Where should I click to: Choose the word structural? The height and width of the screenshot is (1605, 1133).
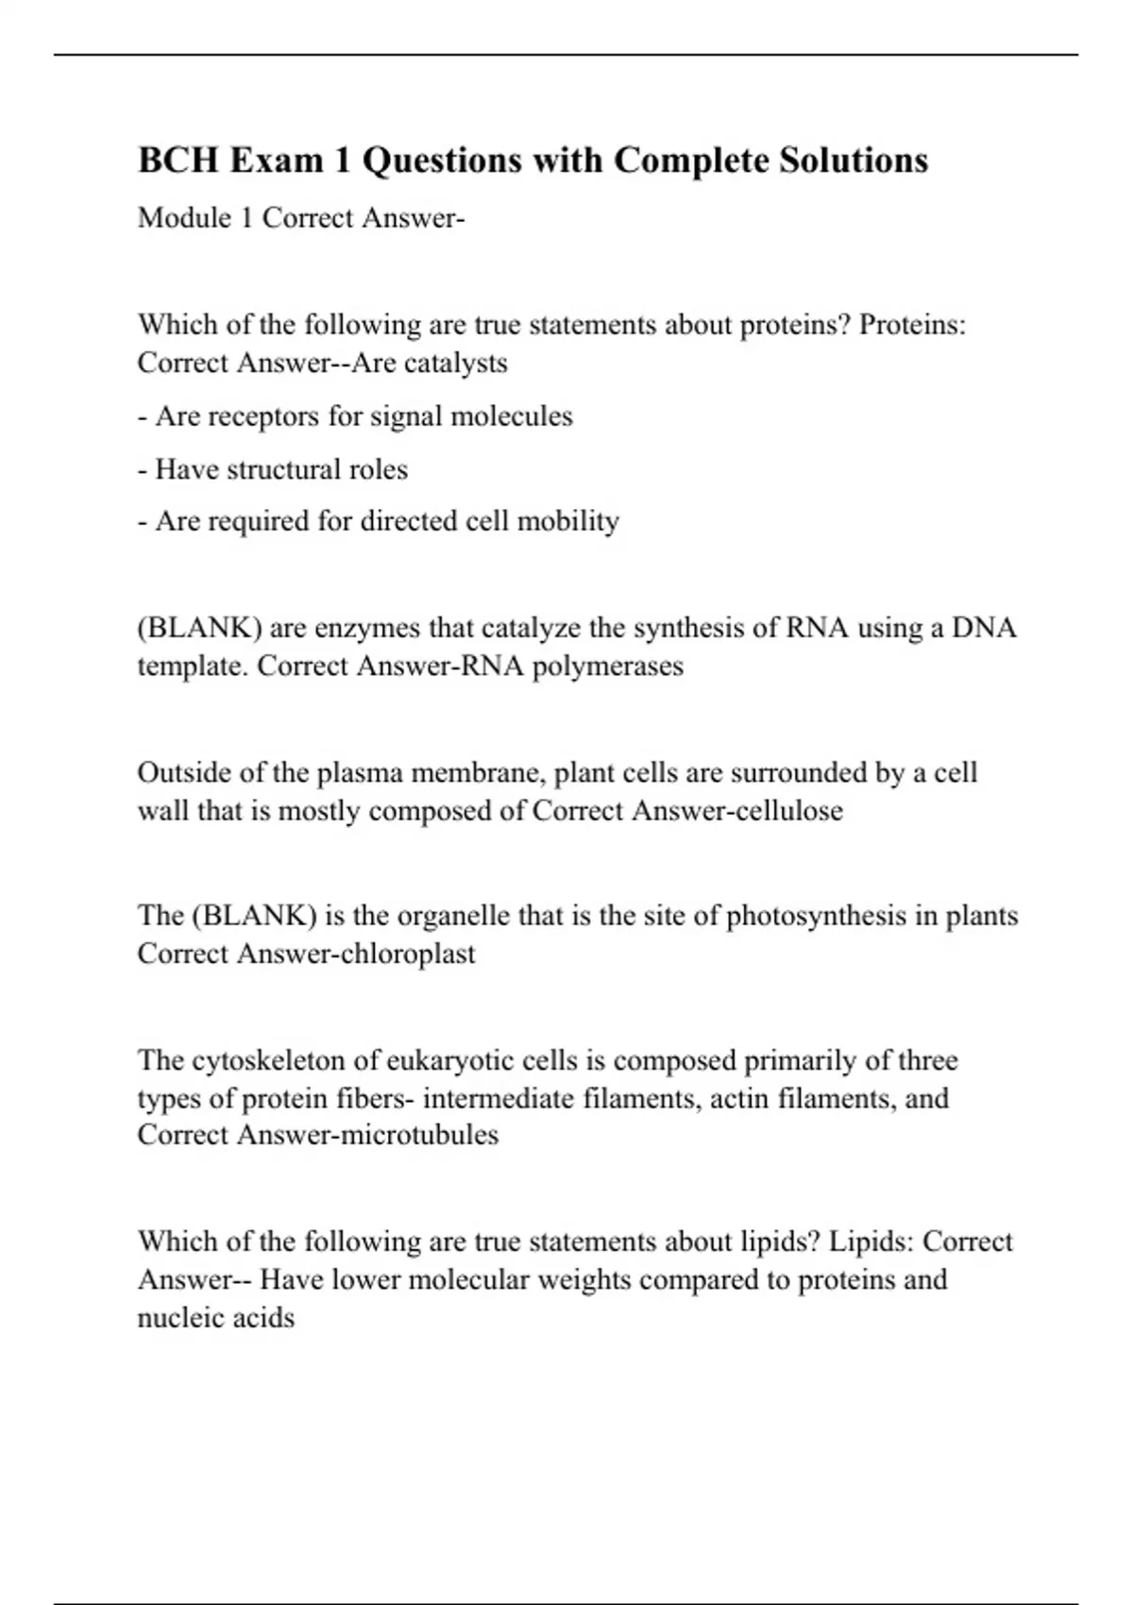(281, 469)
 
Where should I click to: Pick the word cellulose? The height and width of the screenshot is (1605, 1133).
(791, 811)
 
